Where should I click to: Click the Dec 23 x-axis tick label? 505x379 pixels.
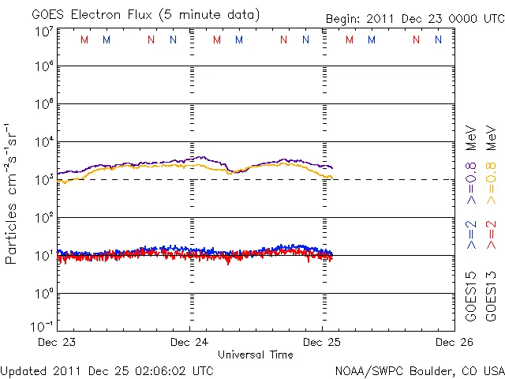click(x=57, y=342)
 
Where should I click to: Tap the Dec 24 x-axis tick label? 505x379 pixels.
click(x=189, y=342)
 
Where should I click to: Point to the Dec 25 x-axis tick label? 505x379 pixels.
click(x=321, y=342)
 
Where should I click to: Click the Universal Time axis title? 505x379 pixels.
click(x=256, y=355)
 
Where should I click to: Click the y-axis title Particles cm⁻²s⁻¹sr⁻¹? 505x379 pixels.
click(x=13, y=193)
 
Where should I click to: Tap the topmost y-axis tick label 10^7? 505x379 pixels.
click(x=43, y=31)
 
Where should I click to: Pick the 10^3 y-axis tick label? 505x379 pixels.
click(x=43, y=178)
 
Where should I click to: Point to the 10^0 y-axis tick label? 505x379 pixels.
click(x=43, y=292)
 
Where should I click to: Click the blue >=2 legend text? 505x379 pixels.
click(x=471, y=235)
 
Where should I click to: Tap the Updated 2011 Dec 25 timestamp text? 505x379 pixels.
click(x=107, y=370)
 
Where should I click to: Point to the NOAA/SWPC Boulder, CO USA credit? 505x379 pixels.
click(x=419, y=370)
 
